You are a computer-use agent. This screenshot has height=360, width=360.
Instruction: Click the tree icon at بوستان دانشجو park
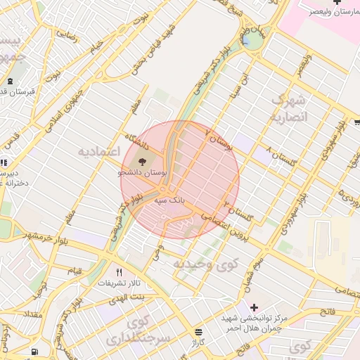pyautogui.click(x=143, y=161)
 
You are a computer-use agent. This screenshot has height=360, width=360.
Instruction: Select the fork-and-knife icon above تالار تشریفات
pyautogui.click(x=119, y=272)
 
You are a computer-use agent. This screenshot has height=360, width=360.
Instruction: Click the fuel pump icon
pyautogui.click(x=35, y=351)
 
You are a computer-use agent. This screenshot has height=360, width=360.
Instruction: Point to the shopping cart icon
pyautogui.click(x=356, y=122)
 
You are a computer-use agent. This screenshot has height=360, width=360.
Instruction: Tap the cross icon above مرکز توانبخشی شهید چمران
pyautogui.click(x=254, y=307)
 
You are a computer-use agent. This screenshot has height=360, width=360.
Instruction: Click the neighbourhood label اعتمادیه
pyautogui.click(x=99, y=151)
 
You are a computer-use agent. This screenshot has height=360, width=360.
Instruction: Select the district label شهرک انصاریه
pyautogui.click(x=289, y=108)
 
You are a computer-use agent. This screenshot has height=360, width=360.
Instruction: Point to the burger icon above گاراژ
pyautogui.click(x=199, y=331)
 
